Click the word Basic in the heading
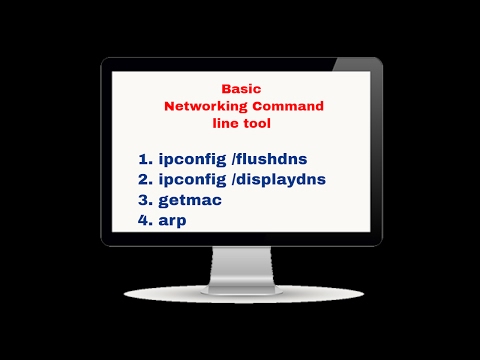241,88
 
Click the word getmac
190,200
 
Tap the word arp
174,220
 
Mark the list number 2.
143,179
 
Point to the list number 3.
143,200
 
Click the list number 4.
143,220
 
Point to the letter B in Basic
226,88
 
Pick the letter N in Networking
170,106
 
